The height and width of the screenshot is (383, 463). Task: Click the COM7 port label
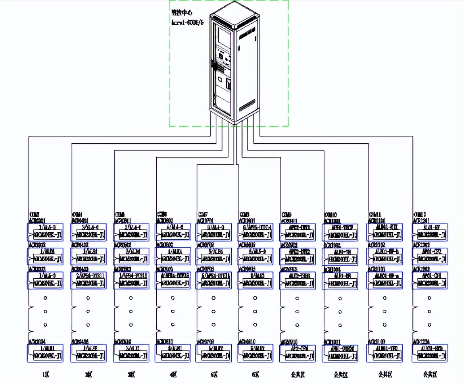coord(203,214)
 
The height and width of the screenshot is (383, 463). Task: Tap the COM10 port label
coord(331,214)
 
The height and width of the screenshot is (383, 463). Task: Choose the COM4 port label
coord(77,214)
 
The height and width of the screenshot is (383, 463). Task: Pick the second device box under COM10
coord(340,256)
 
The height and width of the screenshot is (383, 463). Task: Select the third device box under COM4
coord(88,280)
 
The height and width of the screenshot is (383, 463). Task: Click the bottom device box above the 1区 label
coord(45,353)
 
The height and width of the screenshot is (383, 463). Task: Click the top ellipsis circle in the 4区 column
coord(173,298)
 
